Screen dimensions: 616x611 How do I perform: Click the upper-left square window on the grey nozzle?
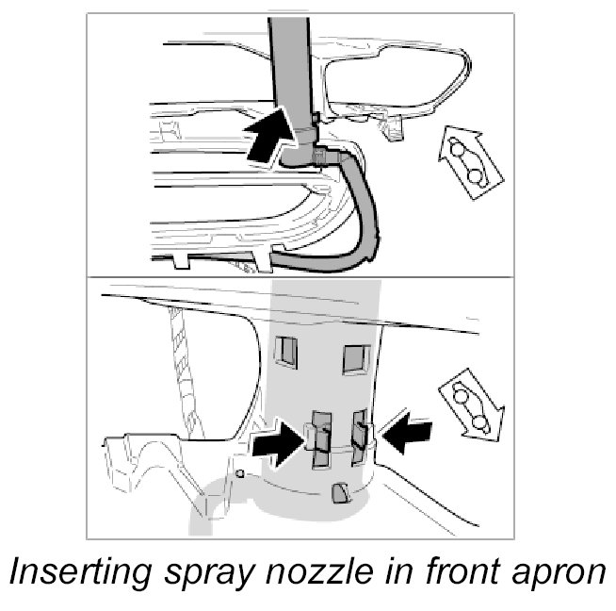pyautogui.click(x=284, y=352)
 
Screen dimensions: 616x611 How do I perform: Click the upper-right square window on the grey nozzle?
pyautogui.click(x=355, y=358)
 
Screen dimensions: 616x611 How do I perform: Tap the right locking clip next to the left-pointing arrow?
pyautogui.click(x=361, y=433)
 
